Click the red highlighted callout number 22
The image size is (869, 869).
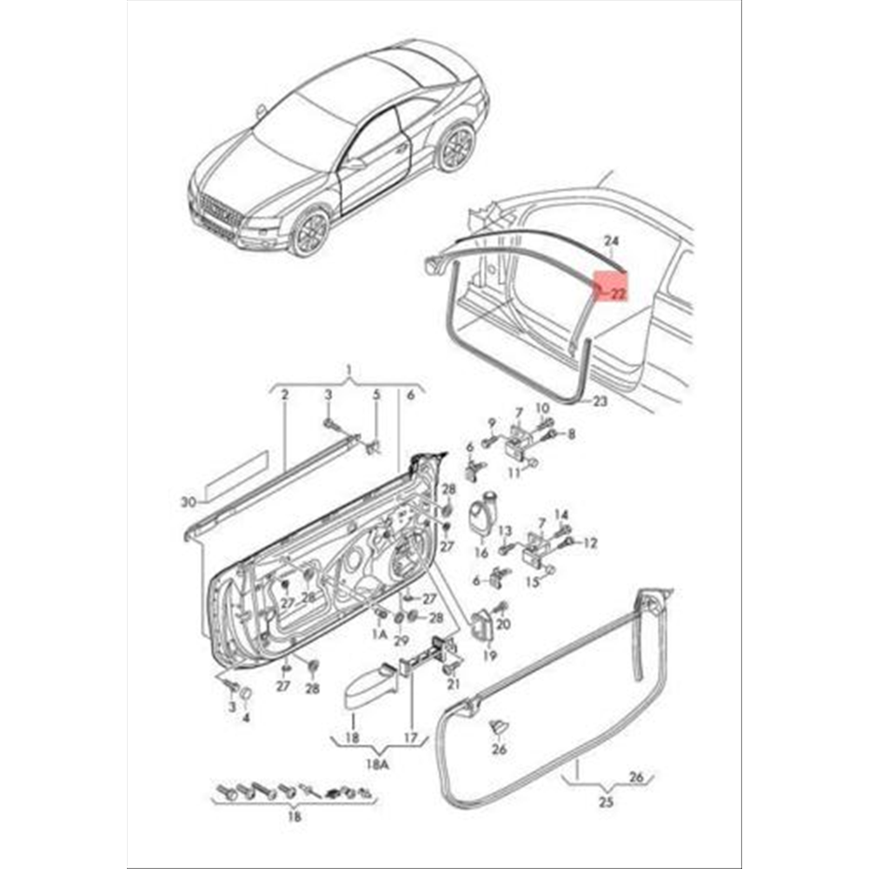[617, 294]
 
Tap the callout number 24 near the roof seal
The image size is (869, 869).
[611, 241]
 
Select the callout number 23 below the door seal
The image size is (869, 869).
[600, 401]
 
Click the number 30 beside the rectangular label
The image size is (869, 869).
[189, 502]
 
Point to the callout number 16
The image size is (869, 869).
[481, 553]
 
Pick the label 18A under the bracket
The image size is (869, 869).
[377, 765]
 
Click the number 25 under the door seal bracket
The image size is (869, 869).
[607, 801]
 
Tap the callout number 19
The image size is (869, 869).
[490, 655]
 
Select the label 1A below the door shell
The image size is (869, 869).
[380, 634]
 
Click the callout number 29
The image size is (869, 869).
[401, 640]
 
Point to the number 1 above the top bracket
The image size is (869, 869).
[348, 369]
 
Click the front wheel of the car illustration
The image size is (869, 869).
[310, 232]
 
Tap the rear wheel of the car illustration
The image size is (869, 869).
[458, 148]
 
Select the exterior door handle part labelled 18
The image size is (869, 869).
[370, 686]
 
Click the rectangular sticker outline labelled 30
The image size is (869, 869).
[237, 471]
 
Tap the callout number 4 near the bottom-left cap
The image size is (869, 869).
[246, 718]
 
